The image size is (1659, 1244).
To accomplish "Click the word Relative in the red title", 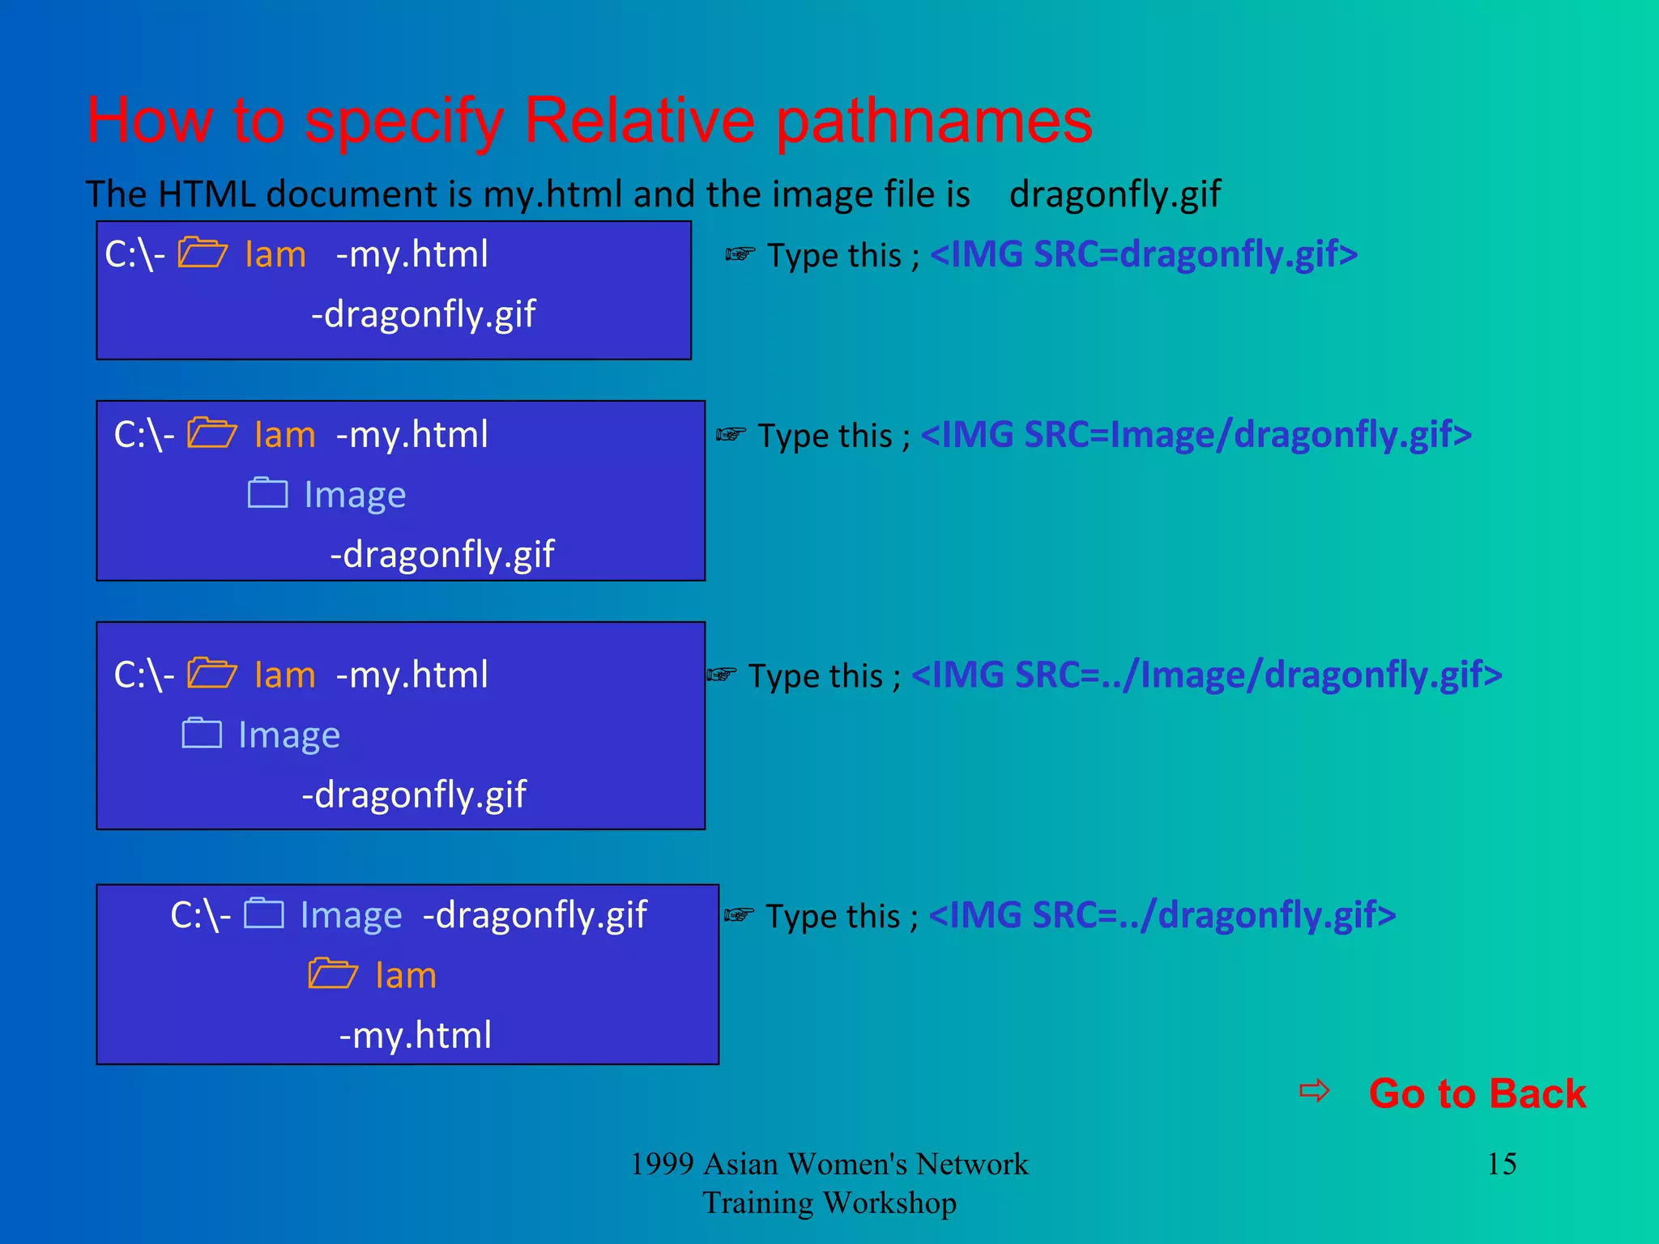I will [x=639, y=121].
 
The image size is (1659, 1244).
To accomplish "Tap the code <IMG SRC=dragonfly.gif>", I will [x=1144, y=254].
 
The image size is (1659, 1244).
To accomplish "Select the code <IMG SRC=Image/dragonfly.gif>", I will [x=1196, y=435].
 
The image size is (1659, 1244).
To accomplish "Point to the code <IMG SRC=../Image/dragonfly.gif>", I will [x=1206, y=675].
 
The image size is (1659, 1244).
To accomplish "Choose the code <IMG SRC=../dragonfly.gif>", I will [x=1162, y=915].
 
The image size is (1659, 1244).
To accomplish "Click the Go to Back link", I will [x=1477, y=1093].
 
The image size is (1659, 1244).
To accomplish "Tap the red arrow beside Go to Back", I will [x=1314, y=1091].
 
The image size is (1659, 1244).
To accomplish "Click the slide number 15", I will [x=1502, y=1164].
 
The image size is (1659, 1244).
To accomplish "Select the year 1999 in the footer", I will [x=662, y=1165].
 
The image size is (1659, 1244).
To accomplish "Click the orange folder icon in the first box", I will [x=202, y=253].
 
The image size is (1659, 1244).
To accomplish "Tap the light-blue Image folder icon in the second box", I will [x=267, y=493].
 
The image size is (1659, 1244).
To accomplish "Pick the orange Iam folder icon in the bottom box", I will [x=332, y=973].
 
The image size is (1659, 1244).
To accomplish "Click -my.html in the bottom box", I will [x=415, y=1035].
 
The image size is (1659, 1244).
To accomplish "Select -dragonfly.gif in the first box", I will [x=423, y=314].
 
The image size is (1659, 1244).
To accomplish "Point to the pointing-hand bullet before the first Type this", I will [x=740, y=255].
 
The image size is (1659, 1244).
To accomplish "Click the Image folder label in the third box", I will [x=289, y=735].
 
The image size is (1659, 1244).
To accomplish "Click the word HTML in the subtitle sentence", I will [x=206, y=194].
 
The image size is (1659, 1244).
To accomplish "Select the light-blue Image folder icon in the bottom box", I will [x=264, y=914].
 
